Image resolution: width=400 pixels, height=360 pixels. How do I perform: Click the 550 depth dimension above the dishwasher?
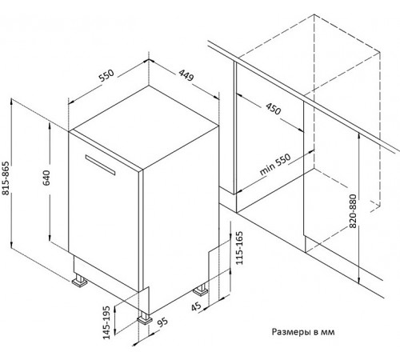106,75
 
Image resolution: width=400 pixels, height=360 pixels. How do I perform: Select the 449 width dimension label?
186,75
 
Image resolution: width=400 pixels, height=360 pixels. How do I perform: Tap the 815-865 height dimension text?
6,178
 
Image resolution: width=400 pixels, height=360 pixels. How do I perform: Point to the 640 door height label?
46,178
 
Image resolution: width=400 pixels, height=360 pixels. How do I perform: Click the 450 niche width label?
274,109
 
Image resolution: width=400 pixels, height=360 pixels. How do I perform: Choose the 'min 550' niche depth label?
275,165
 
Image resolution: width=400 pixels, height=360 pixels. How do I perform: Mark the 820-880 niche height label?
353,211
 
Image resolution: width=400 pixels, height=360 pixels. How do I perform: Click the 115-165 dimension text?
239,248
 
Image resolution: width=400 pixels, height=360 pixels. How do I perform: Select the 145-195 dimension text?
106,322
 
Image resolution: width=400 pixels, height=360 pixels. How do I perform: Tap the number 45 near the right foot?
197,306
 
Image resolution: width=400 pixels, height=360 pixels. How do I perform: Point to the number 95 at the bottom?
162,322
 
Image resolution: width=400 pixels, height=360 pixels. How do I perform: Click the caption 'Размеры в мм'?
303,332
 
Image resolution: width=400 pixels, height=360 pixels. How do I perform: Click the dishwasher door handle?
100,165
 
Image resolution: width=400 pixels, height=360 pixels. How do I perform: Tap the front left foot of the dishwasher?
79,281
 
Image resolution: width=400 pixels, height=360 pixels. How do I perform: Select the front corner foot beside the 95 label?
144,318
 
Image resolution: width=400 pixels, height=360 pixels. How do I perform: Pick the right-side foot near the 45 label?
201,290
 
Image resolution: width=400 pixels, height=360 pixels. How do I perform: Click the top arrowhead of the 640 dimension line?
50,125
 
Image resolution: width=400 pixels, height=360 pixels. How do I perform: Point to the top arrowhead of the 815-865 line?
11,101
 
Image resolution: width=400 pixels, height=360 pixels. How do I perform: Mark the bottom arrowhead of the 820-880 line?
359,281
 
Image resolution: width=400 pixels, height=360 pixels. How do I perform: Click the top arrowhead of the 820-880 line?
359,137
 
